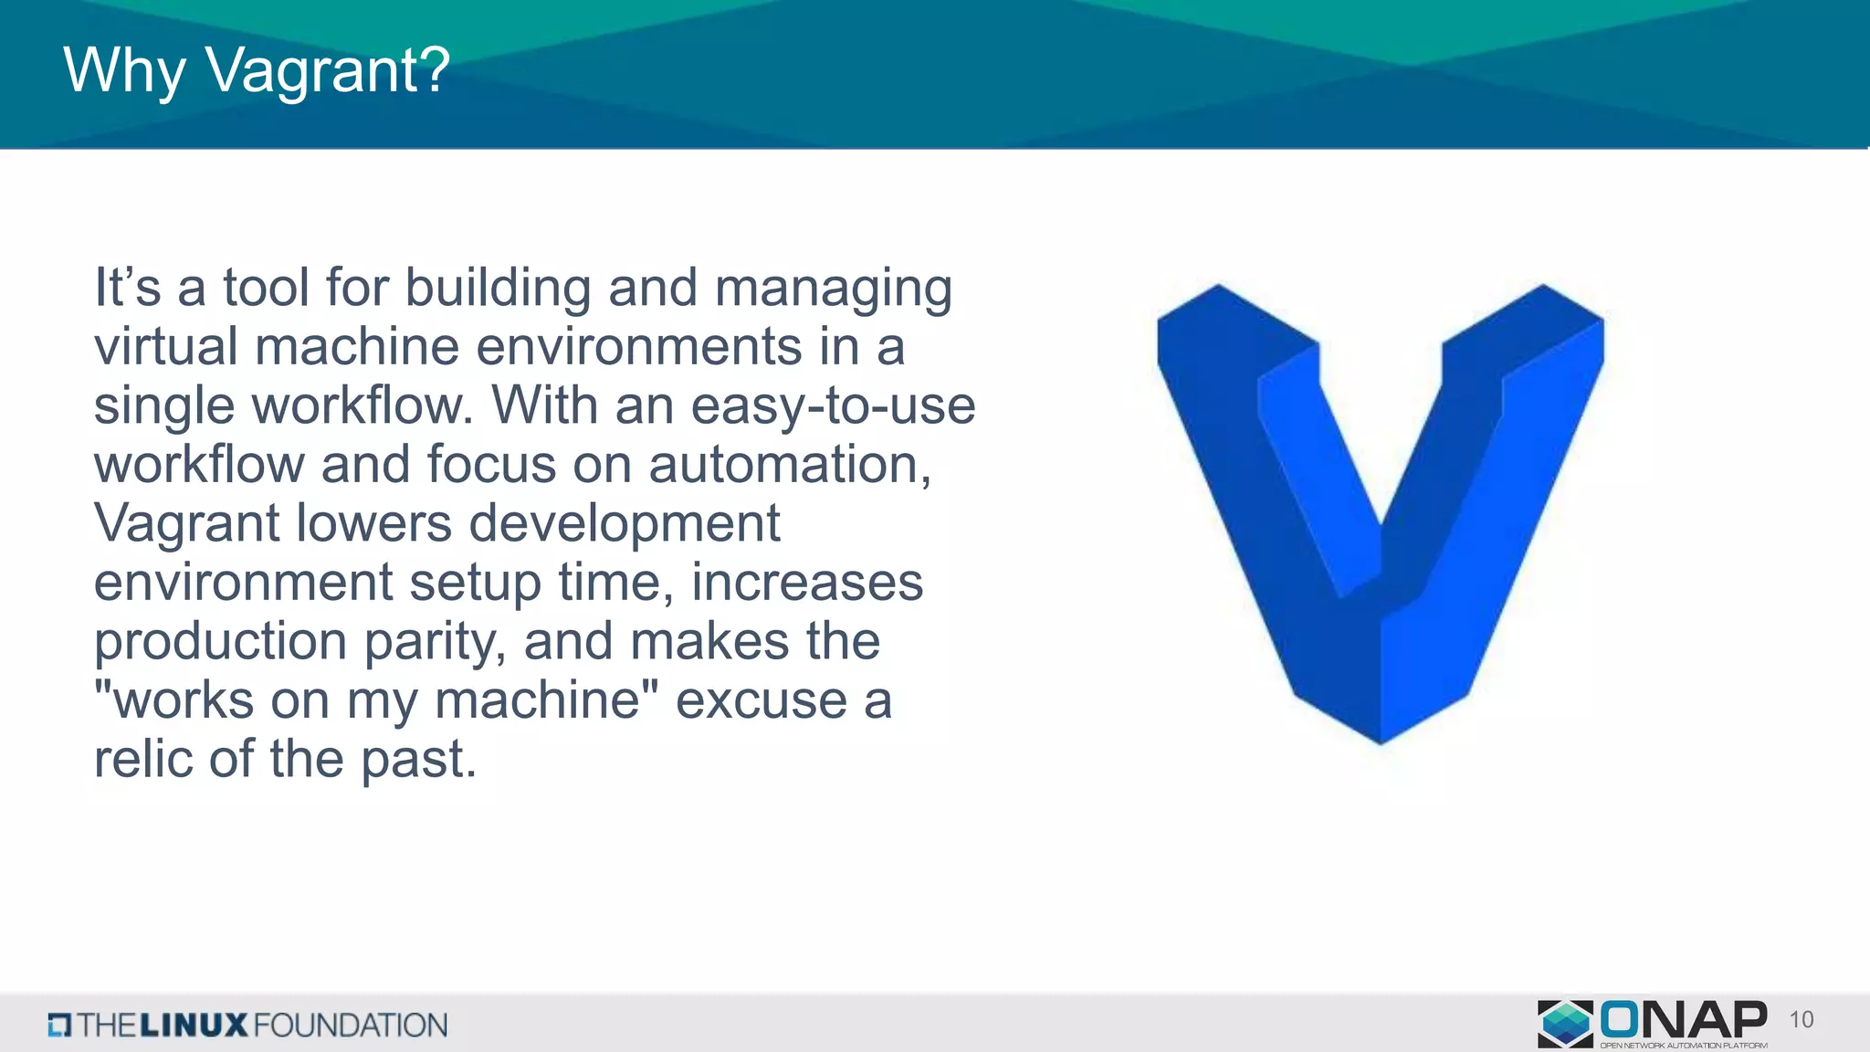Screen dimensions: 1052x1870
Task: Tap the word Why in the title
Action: [124, 71]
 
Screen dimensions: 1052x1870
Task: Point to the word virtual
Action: [166, 347]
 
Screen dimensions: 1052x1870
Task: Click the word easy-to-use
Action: [833, 407]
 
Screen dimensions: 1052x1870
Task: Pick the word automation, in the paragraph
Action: [789, 465]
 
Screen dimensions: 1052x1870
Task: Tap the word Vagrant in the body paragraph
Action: [186, 525]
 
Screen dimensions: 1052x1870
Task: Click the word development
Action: [625, 525]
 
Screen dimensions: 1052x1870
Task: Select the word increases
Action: [807, 583]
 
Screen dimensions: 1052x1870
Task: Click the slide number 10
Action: [1801, 1020]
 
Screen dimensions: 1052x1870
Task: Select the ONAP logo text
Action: [1682, 1020]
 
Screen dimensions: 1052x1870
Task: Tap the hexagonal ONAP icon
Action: [1565, 1023]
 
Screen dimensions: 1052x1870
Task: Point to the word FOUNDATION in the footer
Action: [351, 1026]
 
